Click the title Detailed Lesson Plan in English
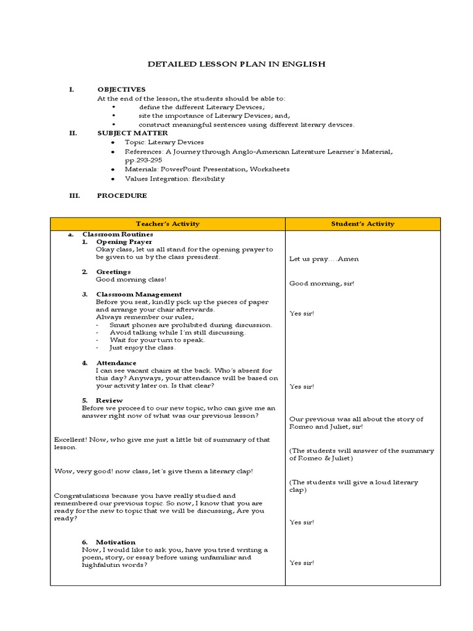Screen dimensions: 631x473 236,64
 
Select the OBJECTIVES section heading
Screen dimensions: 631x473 121,89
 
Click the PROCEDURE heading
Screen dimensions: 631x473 122,195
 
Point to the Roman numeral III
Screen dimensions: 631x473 73,195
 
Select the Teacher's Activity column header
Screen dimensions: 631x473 168,224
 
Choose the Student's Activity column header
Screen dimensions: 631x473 363,224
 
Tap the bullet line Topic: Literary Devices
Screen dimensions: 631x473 164,142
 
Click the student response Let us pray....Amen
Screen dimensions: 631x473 324,259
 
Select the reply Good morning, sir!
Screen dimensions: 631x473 322,283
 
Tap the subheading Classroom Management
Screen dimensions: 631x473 139,295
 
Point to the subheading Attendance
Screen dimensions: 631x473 116,363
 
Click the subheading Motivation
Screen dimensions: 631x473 115,542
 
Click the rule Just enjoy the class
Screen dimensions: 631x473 142,348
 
